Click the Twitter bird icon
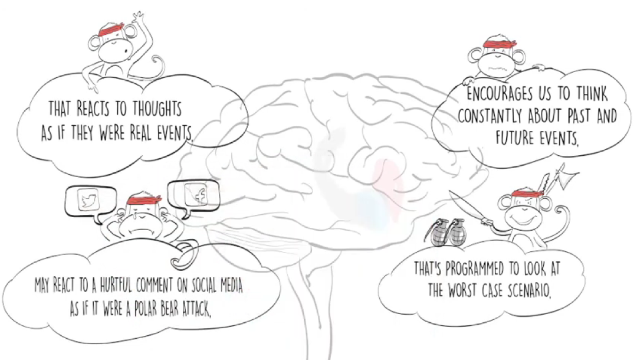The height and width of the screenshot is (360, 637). point(89,201)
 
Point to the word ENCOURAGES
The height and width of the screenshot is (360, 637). point(500,94)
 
